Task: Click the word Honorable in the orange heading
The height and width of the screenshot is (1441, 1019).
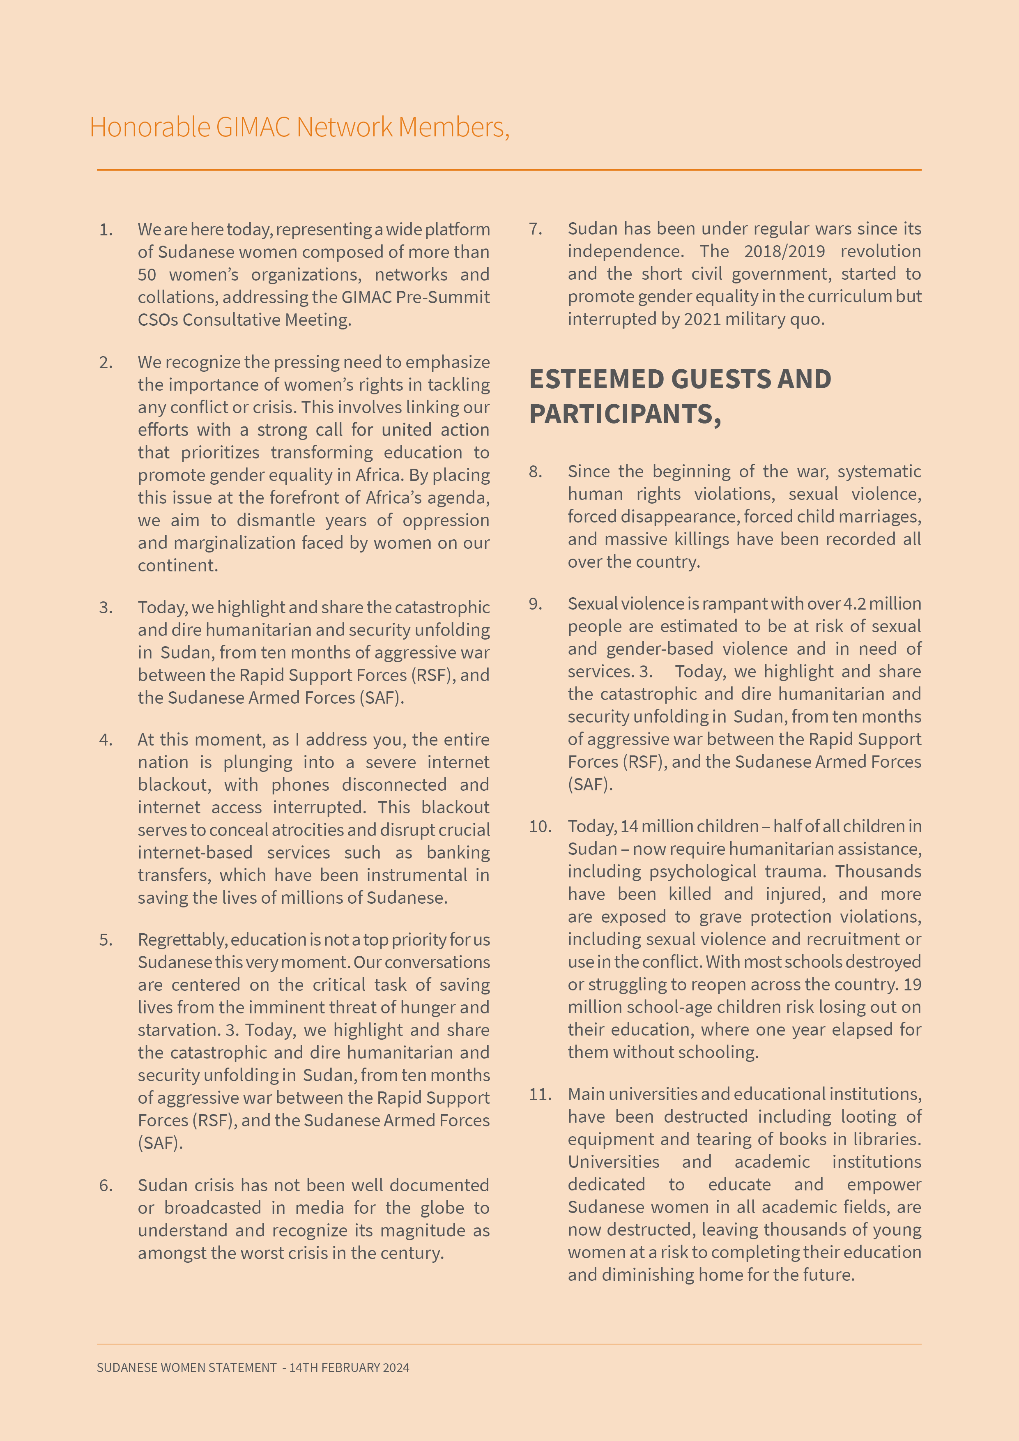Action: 150,127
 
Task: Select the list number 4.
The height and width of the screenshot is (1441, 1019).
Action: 106,740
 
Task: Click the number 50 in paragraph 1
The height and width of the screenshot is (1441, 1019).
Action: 147,275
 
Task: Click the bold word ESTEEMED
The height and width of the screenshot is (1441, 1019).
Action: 596,379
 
